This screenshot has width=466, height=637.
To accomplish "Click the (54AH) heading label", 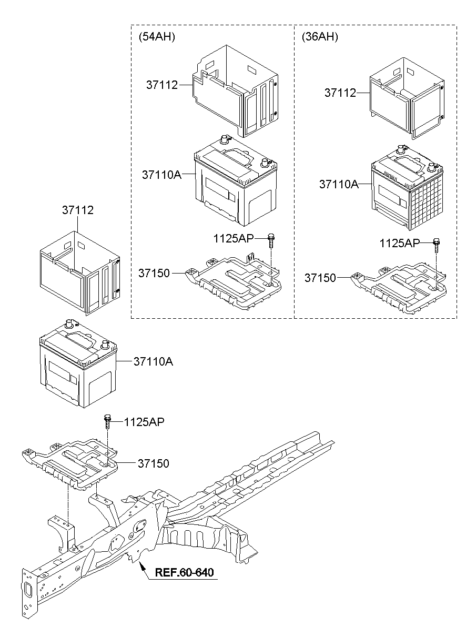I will click(156, 37).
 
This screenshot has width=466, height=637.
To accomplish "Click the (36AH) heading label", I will click(319, 37).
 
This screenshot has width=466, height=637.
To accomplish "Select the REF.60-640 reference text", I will click(185, 573).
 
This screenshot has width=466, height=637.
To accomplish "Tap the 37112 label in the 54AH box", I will click(162, 85).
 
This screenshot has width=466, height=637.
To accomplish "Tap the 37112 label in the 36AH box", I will click(340, 93).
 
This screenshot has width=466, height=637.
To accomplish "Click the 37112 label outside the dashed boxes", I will click(78, 210).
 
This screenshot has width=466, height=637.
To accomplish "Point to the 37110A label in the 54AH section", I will click(161, 174).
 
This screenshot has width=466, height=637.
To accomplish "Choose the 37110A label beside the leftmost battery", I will click(153, 361).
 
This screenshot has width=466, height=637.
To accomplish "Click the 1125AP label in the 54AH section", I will click(233, 238).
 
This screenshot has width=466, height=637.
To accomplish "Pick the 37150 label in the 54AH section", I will click(154, 273).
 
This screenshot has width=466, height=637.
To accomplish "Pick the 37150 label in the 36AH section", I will click(320, 277).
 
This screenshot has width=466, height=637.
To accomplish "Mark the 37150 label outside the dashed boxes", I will click(154, 463).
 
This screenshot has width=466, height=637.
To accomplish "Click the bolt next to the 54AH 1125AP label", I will click(271, 240).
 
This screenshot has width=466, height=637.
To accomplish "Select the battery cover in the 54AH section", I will click(234, 89).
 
